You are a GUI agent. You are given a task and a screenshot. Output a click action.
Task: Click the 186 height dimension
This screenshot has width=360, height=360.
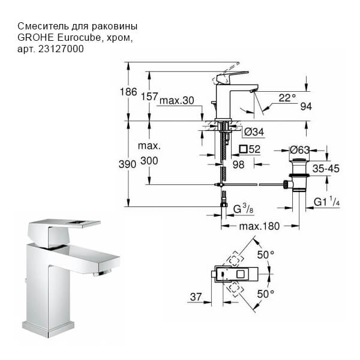click(x=128, y=92)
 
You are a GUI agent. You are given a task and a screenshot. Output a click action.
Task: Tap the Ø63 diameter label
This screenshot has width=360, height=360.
click(x=299, y=149)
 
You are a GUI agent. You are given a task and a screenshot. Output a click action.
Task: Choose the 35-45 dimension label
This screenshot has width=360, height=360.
click(x=325, y=169)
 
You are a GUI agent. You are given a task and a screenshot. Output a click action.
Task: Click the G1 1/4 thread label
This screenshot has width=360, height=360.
click(x=327, y=203)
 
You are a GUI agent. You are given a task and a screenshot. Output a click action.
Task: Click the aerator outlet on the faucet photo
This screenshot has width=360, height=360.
click(x=103, y=274)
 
